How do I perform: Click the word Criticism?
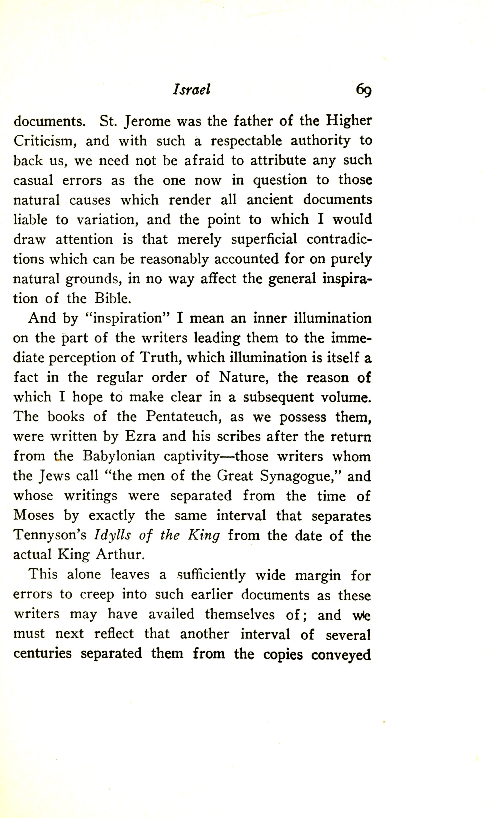(x=45, y=141)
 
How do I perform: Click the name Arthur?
(x=120, y=555)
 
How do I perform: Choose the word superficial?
(x=264, y=239)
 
